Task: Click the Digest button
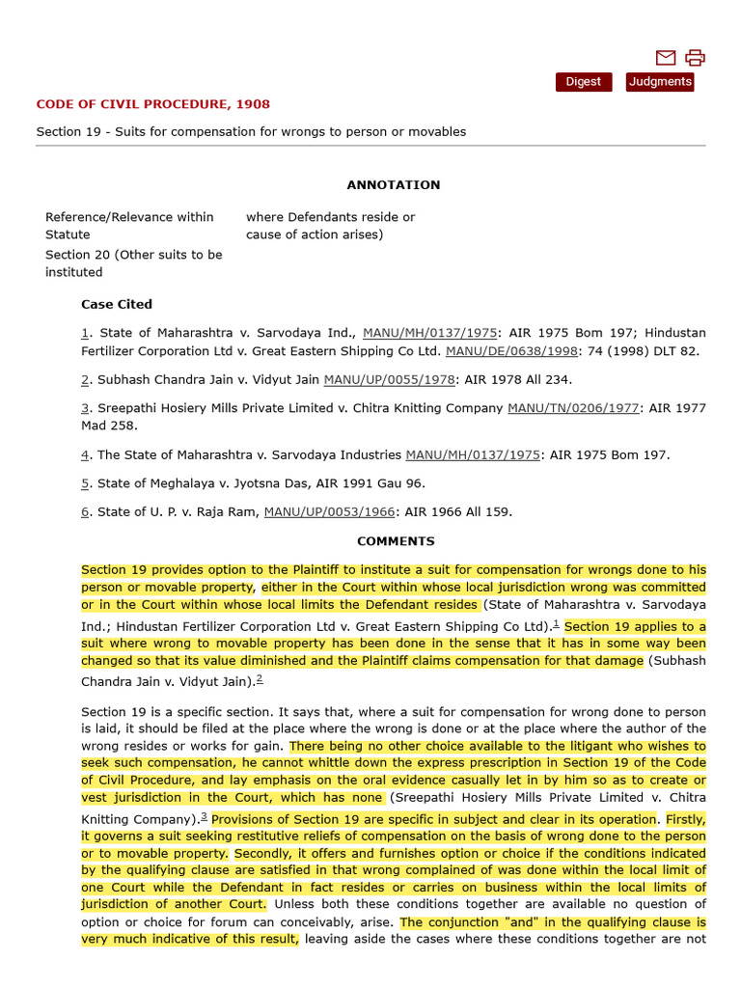click(583, 82)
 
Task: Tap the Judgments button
click(660, 82)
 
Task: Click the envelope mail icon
click(666, 58)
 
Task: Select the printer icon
click(695, 58)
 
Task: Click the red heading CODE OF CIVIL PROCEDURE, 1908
click(152, 104)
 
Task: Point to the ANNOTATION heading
click(394, 184)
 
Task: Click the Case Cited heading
click(117, 304)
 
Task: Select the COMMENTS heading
click(396, 541)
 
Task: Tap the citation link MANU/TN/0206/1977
click(573, 408)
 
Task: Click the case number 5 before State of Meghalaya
click(85, 483)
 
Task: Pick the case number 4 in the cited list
click(85, 454)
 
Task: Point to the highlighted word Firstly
click(685, 819)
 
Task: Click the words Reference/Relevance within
click(129, 217)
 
